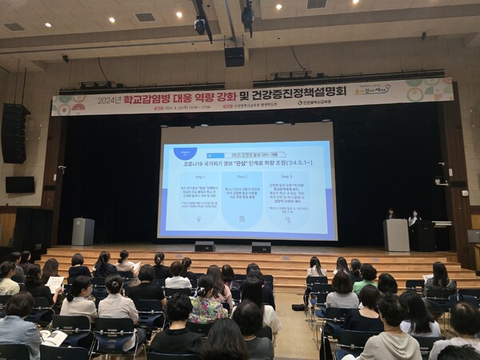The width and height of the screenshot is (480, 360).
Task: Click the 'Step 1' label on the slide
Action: point(200,176)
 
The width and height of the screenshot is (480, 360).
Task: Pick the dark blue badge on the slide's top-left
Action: point(185,152)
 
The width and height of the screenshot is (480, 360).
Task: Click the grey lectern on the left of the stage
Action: point(83,231)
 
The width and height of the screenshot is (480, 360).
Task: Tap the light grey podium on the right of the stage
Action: point(396,234)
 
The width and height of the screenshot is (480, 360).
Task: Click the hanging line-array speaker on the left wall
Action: point(14,133)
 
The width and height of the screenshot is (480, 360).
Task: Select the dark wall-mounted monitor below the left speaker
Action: point(20,184)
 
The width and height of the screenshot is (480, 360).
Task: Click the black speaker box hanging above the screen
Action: point(234,56)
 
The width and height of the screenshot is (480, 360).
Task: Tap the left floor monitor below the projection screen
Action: point(205,246)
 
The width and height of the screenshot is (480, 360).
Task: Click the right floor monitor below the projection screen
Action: point(261,247)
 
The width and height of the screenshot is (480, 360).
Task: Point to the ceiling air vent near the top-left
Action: point(145,17)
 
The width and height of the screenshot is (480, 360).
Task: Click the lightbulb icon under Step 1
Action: point(198,218)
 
